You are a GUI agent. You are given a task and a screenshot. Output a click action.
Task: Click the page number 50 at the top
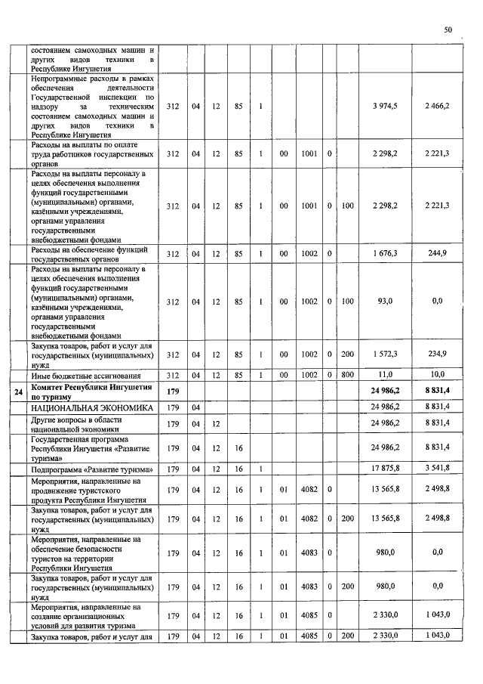(x=448, y=30)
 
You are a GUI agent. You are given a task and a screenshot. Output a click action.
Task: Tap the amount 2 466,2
(x=437, y=106)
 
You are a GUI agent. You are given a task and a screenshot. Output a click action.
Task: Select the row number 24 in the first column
(x=18, y=391)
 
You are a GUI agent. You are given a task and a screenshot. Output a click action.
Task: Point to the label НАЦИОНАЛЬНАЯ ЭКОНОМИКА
(x=86, y=408)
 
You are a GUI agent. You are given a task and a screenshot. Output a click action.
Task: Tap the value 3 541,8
(x=438, y=469)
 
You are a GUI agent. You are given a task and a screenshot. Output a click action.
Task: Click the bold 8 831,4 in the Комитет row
(x=438, y=390)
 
